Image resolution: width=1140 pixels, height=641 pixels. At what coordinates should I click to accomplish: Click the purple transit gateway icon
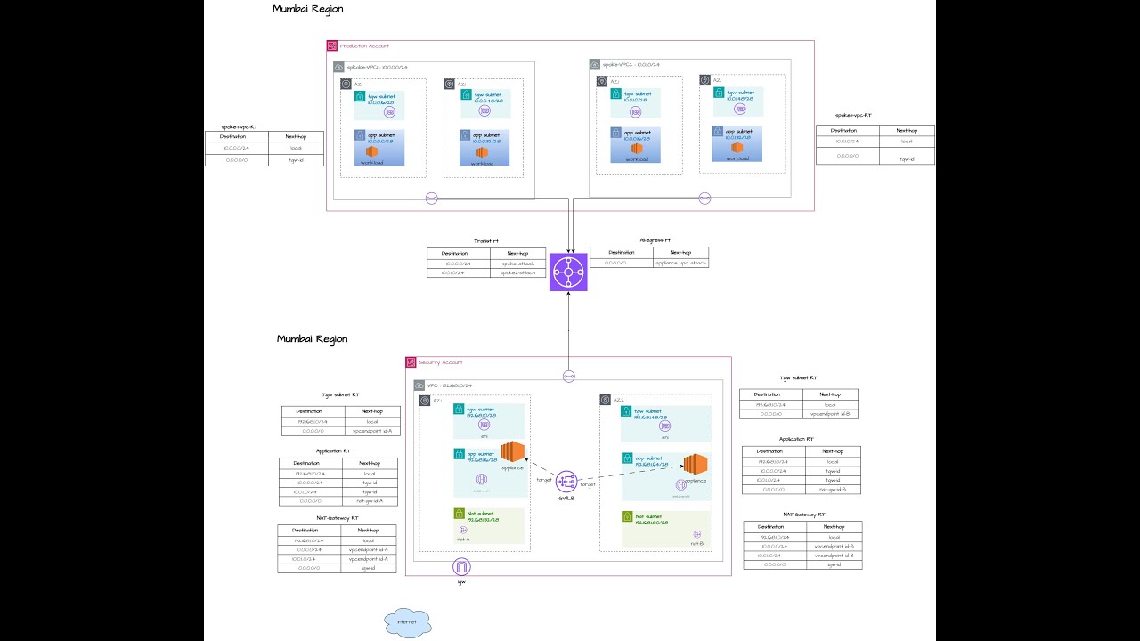tap(568, 271)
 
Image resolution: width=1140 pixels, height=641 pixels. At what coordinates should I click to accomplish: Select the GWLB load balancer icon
tap(566, 483)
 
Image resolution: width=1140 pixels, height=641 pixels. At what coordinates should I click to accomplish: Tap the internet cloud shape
tap(408, 622)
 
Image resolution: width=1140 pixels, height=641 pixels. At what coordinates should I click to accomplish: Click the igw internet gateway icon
tap(461, 567)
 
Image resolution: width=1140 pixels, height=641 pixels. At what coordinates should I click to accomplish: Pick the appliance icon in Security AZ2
tap(695, 466)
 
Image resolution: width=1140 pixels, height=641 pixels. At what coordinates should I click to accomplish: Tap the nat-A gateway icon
tap(463, 530)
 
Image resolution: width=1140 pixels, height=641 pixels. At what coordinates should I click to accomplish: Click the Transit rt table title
tap(485, 240)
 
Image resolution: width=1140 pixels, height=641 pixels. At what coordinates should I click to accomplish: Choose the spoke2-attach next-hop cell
tap(518, 272)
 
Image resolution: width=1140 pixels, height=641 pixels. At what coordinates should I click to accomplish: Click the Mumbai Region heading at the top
tap(307, 9)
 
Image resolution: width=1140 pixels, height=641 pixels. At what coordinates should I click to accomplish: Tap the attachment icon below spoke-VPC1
tap(432, 198)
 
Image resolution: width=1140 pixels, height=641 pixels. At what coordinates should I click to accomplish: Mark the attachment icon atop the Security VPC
tap(568, 376)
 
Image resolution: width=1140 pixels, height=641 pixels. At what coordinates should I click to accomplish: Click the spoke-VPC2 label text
tap(631, 64)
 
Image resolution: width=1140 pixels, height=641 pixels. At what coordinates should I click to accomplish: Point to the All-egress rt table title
tap(655, 240)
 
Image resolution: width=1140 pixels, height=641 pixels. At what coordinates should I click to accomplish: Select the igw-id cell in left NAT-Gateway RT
tap(368, 567)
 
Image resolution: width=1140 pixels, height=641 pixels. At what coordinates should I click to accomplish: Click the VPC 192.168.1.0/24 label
tap(450, 385)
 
